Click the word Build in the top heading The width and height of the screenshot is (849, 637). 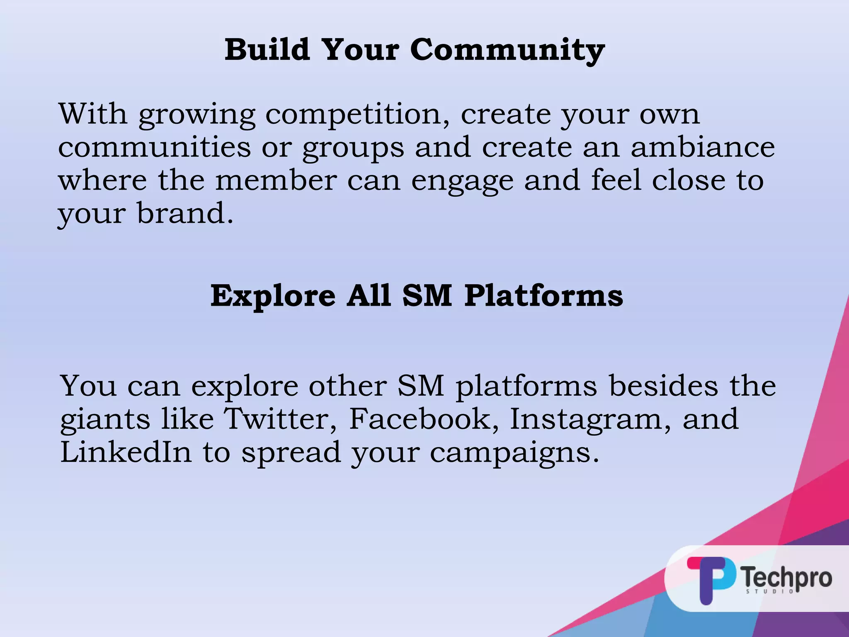pos(267,49)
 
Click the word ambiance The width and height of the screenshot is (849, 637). pos(703,147)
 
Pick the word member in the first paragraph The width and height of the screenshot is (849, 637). pos(276,180)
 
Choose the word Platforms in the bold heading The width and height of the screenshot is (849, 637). pos(543,296)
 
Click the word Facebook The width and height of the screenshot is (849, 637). pos(424,419)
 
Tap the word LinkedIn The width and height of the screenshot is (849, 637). pos(126,452)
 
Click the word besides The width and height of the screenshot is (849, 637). pos(663,386)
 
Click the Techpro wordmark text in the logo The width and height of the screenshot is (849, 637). pos(786,577)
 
